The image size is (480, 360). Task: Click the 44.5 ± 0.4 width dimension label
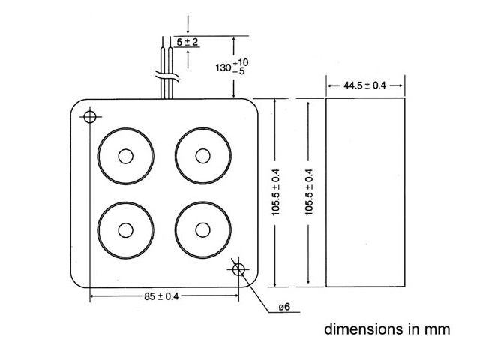(x=364, y=85)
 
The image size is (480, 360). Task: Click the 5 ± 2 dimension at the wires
(x=187, y=42)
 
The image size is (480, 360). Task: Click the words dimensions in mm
(x=387, y=329)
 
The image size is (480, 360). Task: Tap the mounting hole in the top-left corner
(x=90, y=117)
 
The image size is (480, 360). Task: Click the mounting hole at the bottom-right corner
(x=239, y=269)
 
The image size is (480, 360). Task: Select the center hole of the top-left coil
(x=125, y=156)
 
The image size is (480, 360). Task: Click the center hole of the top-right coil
(x=201, y=156)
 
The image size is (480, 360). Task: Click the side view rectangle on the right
(x=364, y=192)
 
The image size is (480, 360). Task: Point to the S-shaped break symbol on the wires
(x=167, y=75)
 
